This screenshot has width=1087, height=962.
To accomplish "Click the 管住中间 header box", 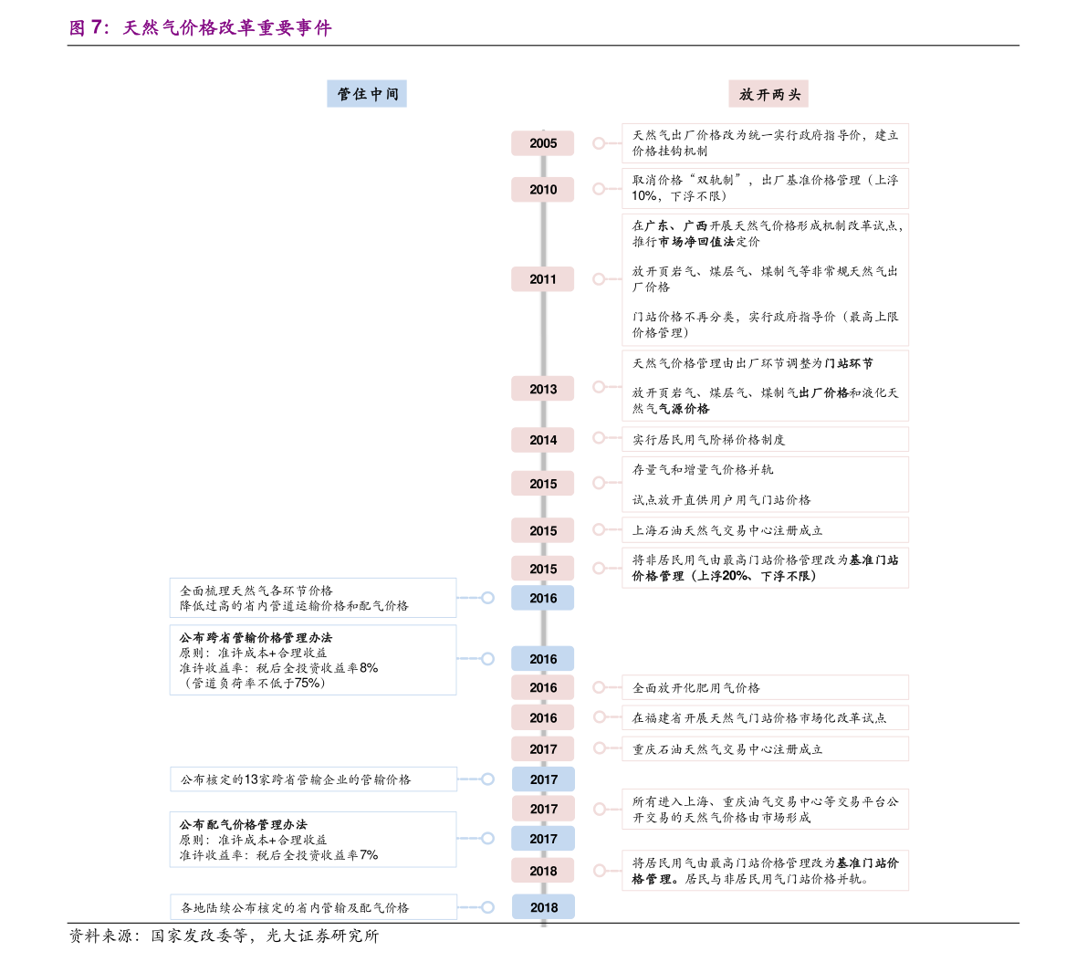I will pyautogui.click(x=367, y=94).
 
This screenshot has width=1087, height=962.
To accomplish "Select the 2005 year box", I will pyautogui.click(x=543, y=143).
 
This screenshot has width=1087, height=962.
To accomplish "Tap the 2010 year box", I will pyautogui.click(x=543, y=190).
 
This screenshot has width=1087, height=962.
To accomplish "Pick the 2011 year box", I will pyautogui.click(x=543, y=279).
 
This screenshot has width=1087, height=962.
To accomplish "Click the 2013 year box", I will pyautogui.click(x=543, y=389).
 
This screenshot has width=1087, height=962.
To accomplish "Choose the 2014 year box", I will pyautogui.click(x=543, y=440).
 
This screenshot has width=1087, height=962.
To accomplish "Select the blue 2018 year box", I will pyautogui.click(x=543, y=907).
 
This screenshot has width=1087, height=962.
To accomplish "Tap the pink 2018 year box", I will pyautogui.click(x=543, y=871).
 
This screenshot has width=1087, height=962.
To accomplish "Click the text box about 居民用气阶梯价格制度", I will pyautogui.click(x=765, y=440).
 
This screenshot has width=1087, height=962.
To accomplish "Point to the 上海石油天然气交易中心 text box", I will pyautogui.click(x=765, y=530).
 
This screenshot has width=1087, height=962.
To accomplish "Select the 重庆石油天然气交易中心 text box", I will pyautogui.click(x=765, y=749).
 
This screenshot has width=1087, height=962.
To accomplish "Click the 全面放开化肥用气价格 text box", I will pyautogui.click(x=765, y=688).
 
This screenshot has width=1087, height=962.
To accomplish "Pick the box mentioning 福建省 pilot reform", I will pyautogui.click(x=765, y=718).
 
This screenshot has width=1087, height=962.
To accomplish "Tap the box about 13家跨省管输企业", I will pyautogui.click(x=313, y=779).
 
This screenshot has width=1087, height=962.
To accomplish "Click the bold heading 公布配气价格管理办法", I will pyautogui.click(x=244, y=824).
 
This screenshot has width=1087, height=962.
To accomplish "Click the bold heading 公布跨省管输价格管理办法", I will pyautogui.click(x=256, y=638).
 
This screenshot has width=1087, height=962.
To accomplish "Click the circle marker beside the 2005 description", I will pyautogui.click(x=599, y=143).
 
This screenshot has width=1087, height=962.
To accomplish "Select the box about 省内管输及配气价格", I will pyautogui.click(x=313, y=907).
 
